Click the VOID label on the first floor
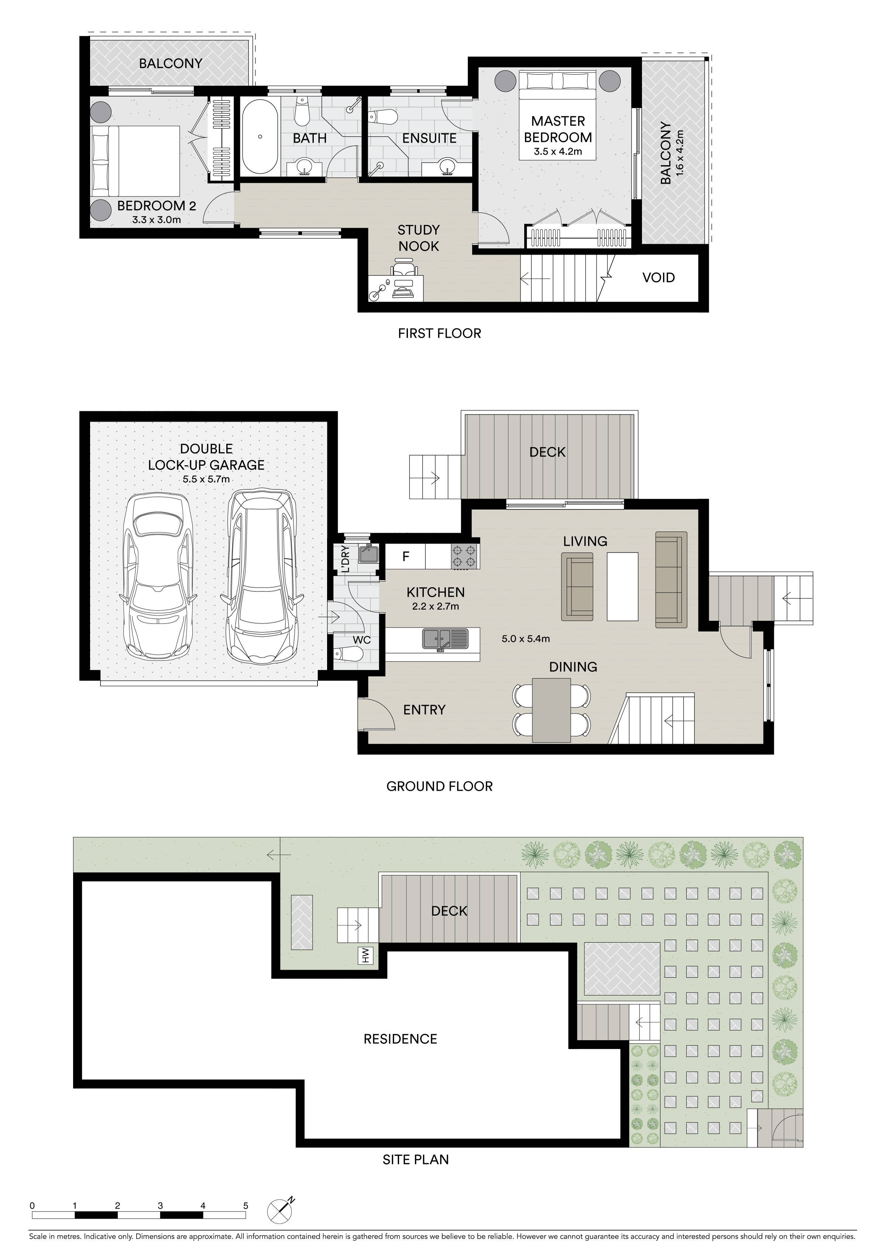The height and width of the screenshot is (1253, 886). point(659,277)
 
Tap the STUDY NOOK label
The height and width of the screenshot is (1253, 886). point(418,238)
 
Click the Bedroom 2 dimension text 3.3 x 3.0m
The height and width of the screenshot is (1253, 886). point(157,220)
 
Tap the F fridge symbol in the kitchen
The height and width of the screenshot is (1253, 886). point(405,556)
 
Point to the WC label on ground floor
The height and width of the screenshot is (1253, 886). point(362,640)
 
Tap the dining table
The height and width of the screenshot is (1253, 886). point(552,709)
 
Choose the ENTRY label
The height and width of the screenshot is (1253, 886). point(425,710)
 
